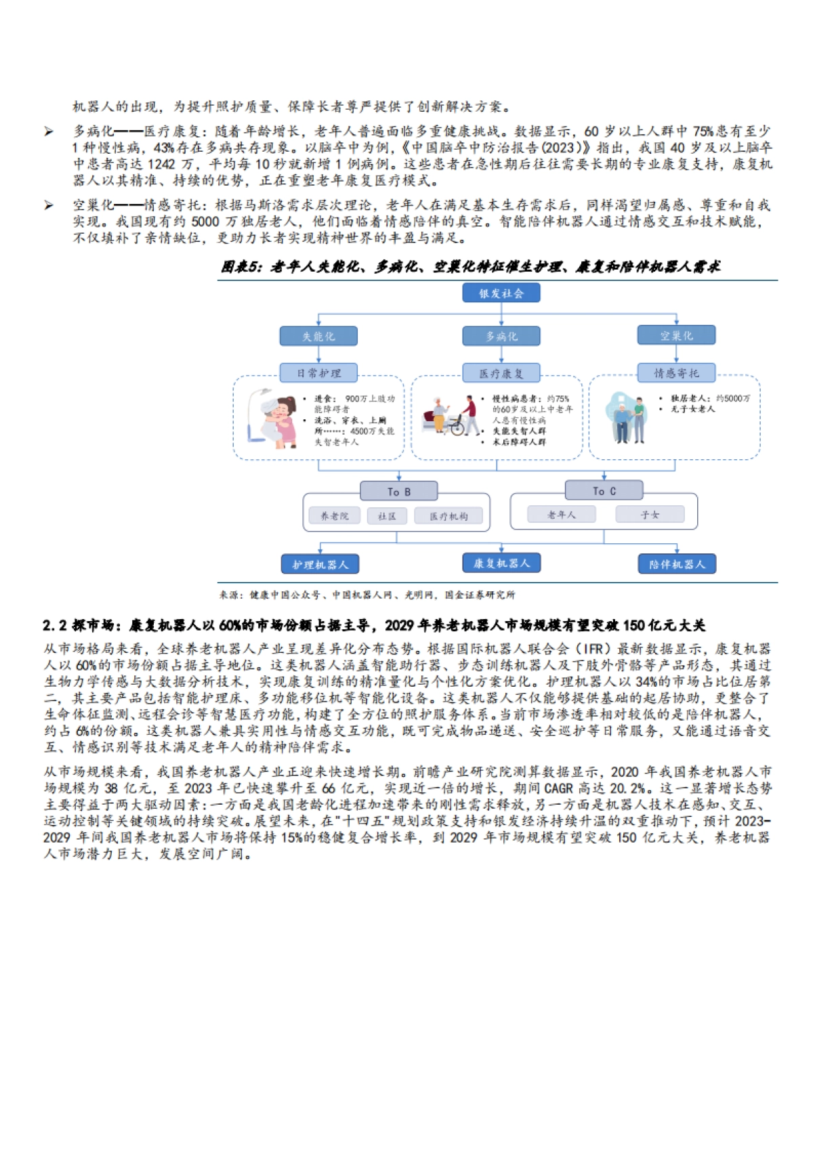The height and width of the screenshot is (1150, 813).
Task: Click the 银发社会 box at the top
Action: click(501, 293)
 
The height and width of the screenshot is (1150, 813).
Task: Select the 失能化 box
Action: click(318, 336)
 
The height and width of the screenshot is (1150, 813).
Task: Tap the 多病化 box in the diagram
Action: click(501, 336)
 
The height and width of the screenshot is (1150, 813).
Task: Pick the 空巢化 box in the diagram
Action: click(676, 335)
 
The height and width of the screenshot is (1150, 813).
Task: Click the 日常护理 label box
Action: click(318, 372)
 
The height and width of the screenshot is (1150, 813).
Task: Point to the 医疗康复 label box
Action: click(501, 372)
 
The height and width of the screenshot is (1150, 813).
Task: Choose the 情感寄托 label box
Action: click(676, 372)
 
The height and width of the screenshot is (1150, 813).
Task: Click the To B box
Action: click(398, 491)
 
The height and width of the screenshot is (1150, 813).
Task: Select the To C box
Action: click(604, 490)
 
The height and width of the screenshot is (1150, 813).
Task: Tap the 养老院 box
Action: click(334, 516)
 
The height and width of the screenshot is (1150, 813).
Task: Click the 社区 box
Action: click(387, 516)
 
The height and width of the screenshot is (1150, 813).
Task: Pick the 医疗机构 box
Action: click(449, 516)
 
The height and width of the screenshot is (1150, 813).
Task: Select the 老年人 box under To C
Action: click(562, 515)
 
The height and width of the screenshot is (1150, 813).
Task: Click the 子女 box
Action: click(650, 515)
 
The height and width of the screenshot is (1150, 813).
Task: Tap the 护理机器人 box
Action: click(320, 564)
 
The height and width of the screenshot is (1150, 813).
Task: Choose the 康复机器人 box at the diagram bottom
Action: click(501, 563)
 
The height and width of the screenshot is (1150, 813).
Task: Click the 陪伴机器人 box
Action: click(677, 563)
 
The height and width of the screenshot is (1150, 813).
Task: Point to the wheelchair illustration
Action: click(455, 425)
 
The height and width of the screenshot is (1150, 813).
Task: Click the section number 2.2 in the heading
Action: click(56, 625)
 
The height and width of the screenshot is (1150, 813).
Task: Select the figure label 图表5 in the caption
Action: click(241, 267)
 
